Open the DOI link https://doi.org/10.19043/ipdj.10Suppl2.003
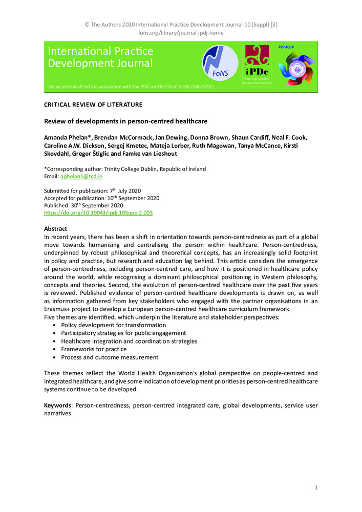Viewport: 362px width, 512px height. coord(98,212)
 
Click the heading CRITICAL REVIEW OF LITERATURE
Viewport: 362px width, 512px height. coord(93,104)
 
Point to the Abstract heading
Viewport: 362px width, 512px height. coord(55,228)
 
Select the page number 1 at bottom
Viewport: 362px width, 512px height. coord(316,488)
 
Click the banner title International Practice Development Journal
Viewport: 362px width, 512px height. coord(100,57)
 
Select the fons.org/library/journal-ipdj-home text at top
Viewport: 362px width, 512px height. coord(181,33)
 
